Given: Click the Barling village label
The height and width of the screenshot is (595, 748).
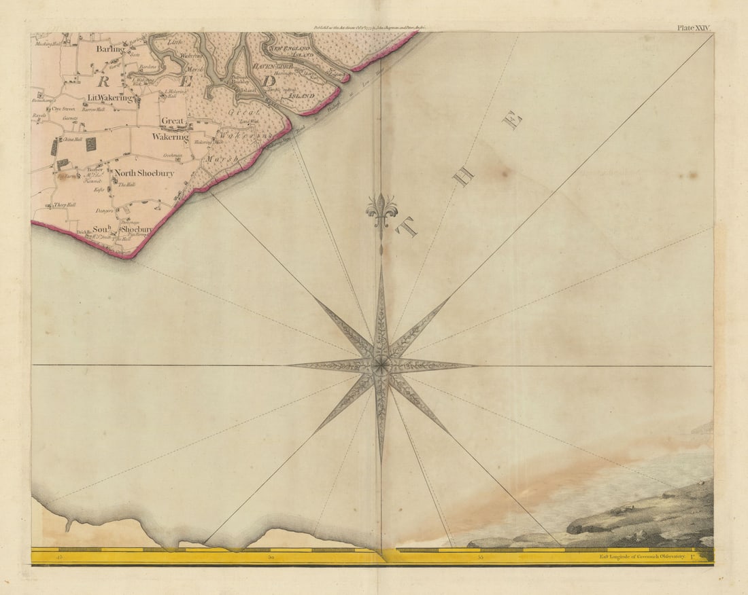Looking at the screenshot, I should tap(111, 49).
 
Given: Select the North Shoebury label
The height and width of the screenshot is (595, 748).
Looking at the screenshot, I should tap(143, 173).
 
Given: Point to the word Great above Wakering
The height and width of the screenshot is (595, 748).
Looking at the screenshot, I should tap(173, 121).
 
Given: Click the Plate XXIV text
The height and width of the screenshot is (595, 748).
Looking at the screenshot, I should tap(693, 28).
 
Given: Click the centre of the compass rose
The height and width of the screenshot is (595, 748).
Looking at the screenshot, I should tap(381, 366).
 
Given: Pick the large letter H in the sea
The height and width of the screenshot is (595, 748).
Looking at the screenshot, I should tap(464, 177).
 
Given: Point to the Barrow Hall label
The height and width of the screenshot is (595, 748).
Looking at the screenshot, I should tap(92, 109).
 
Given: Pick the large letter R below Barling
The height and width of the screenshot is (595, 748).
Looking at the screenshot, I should tap(104, 82).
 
